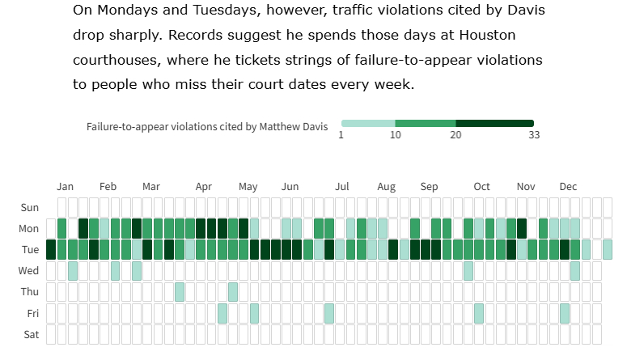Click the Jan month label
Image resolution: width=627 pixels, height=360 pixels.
pyautogui.click(x=66, y=187)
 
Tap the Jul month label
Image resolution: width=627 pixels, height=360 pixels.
pyautogui.click(x=342, y=187)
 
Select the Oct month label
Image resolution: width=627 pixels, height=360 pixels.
pyautogui.click(x=481, y=187)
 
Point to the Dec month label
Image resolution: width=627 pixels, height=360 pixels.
pyautogui.click(x=568, y=187)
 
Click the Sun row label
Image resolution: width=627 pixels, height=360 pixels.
pyautogui.click(x=30, y=208)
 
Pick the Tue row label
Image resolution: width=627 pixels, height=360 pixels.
pyautogui.click(x=30, y=250)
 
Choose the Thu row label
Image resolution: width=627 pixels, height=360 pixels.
pyautogui.click(x=30, y=292)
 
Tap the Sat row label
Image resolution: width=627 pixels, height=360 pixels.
pyautogui.click(x=30, y=334)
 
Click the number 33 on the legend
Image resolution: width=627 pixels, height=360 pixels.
pyautogui.click(x=534, y=135)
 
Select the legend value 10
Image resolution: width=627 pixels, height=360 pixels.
pyautogui.click(x=396, y=135)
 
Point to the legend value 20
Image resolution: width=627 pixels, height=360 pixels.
pyautogui.click(x=455, y=135)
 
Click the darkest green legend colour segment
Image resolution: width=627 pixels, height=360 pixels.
pyautogui.click(x=494, y=123)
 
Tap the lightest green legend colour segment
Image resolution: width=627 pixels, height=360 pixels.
pyautogui.click(x=368, y=123)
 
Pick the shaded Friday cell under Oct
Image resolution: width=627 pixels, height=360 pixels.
pyautogui.click(x=479, y=313)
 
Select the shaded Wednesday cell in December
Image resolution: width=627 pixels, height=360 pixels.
pyautogui.click(x=574, y=271)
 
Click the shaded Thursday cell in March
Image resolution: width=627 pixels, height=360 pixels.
pyautogui.click(x=180, y=292)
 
